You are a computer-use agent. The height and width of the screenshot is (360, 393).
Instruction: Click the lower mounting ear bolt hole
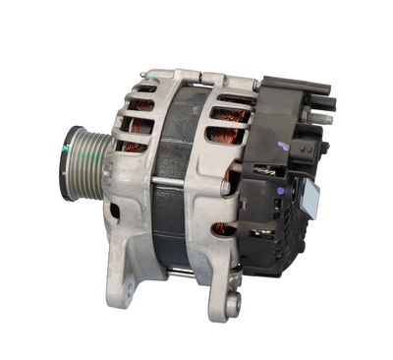point(232,306)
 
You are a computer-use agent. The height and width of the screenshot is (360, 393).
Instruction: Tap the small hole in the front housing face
point(115,210)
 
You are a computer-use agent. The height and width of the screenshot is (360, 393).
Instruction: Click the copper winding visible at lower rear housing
point(224,228)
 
